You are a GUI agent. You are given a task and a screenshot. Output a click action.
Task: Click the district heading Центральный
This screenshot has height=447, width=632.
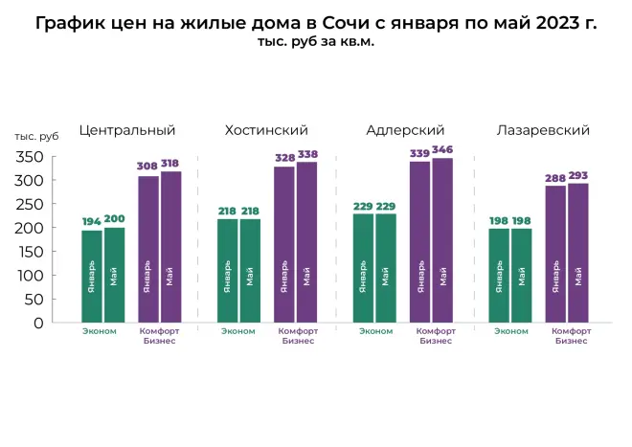(127, 130)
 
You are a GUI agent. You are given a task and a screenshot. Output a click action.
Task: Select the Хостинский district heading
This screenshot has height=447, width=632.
(265, 130)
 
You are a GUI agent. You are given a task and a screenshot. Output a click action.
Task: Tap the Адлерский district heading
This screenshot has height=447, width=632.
(405, 130)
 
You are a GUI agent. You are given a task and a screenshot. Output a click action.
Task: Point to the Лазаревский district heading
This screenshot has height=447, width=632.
(542, 130)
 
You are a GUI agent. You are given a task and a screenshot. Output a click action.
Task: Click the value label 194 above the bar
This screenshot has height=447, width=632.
(92, 222)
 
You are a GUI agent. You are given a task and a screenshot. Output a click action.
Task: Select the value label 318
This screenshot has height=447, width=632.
(171, 164)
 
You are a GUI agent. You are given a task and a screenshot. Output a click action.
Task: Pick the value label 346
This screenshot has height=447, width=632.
(442, 150)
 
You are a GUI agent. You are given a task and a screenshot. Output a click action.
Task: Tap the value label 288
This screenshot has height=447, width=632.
(555, 178)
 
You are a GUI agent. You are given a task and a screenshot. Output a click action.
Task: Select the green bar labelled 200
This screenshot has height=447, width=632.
(114, 275)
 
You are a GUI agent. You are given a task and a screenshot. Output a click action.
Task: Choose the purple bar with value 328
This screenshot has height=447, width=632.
(284, 244)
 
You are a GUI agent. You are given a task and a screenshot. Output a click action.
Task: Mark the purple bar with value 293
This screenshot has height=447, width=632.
(578, 253)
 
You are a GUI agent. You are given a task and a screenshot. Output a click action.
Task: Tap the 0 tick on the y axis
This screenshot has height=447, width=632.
(38, 324)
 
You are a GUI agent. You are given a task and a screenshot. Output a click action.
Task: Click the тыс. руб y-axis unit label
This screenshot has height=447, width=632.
(37, 138)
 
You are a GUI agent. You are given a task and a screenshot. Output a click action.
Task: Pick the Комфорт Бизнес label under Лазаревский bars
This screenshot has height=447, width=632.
(572, 336)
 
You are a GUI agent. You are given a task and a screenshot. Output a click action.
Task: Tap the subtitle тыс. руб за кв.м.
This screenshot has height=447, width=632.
(315, 43)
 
